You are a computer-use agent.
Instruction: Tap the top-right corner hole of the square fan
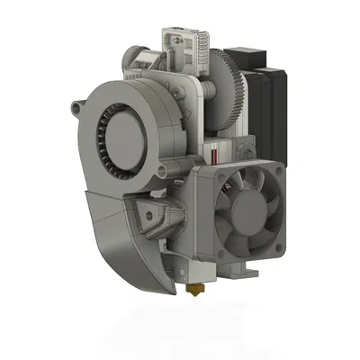pyautogui.click(x=283, y=174)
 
